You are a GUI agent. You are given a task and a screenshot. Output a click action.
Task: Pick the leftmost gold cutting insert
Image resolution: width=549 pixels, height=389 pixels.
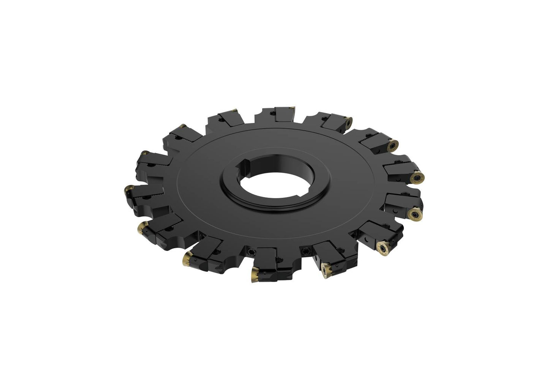128,188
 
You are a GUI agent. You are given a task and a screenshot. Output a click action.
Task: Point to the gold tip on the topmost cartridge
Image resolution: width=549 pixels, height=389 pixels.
293,109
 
